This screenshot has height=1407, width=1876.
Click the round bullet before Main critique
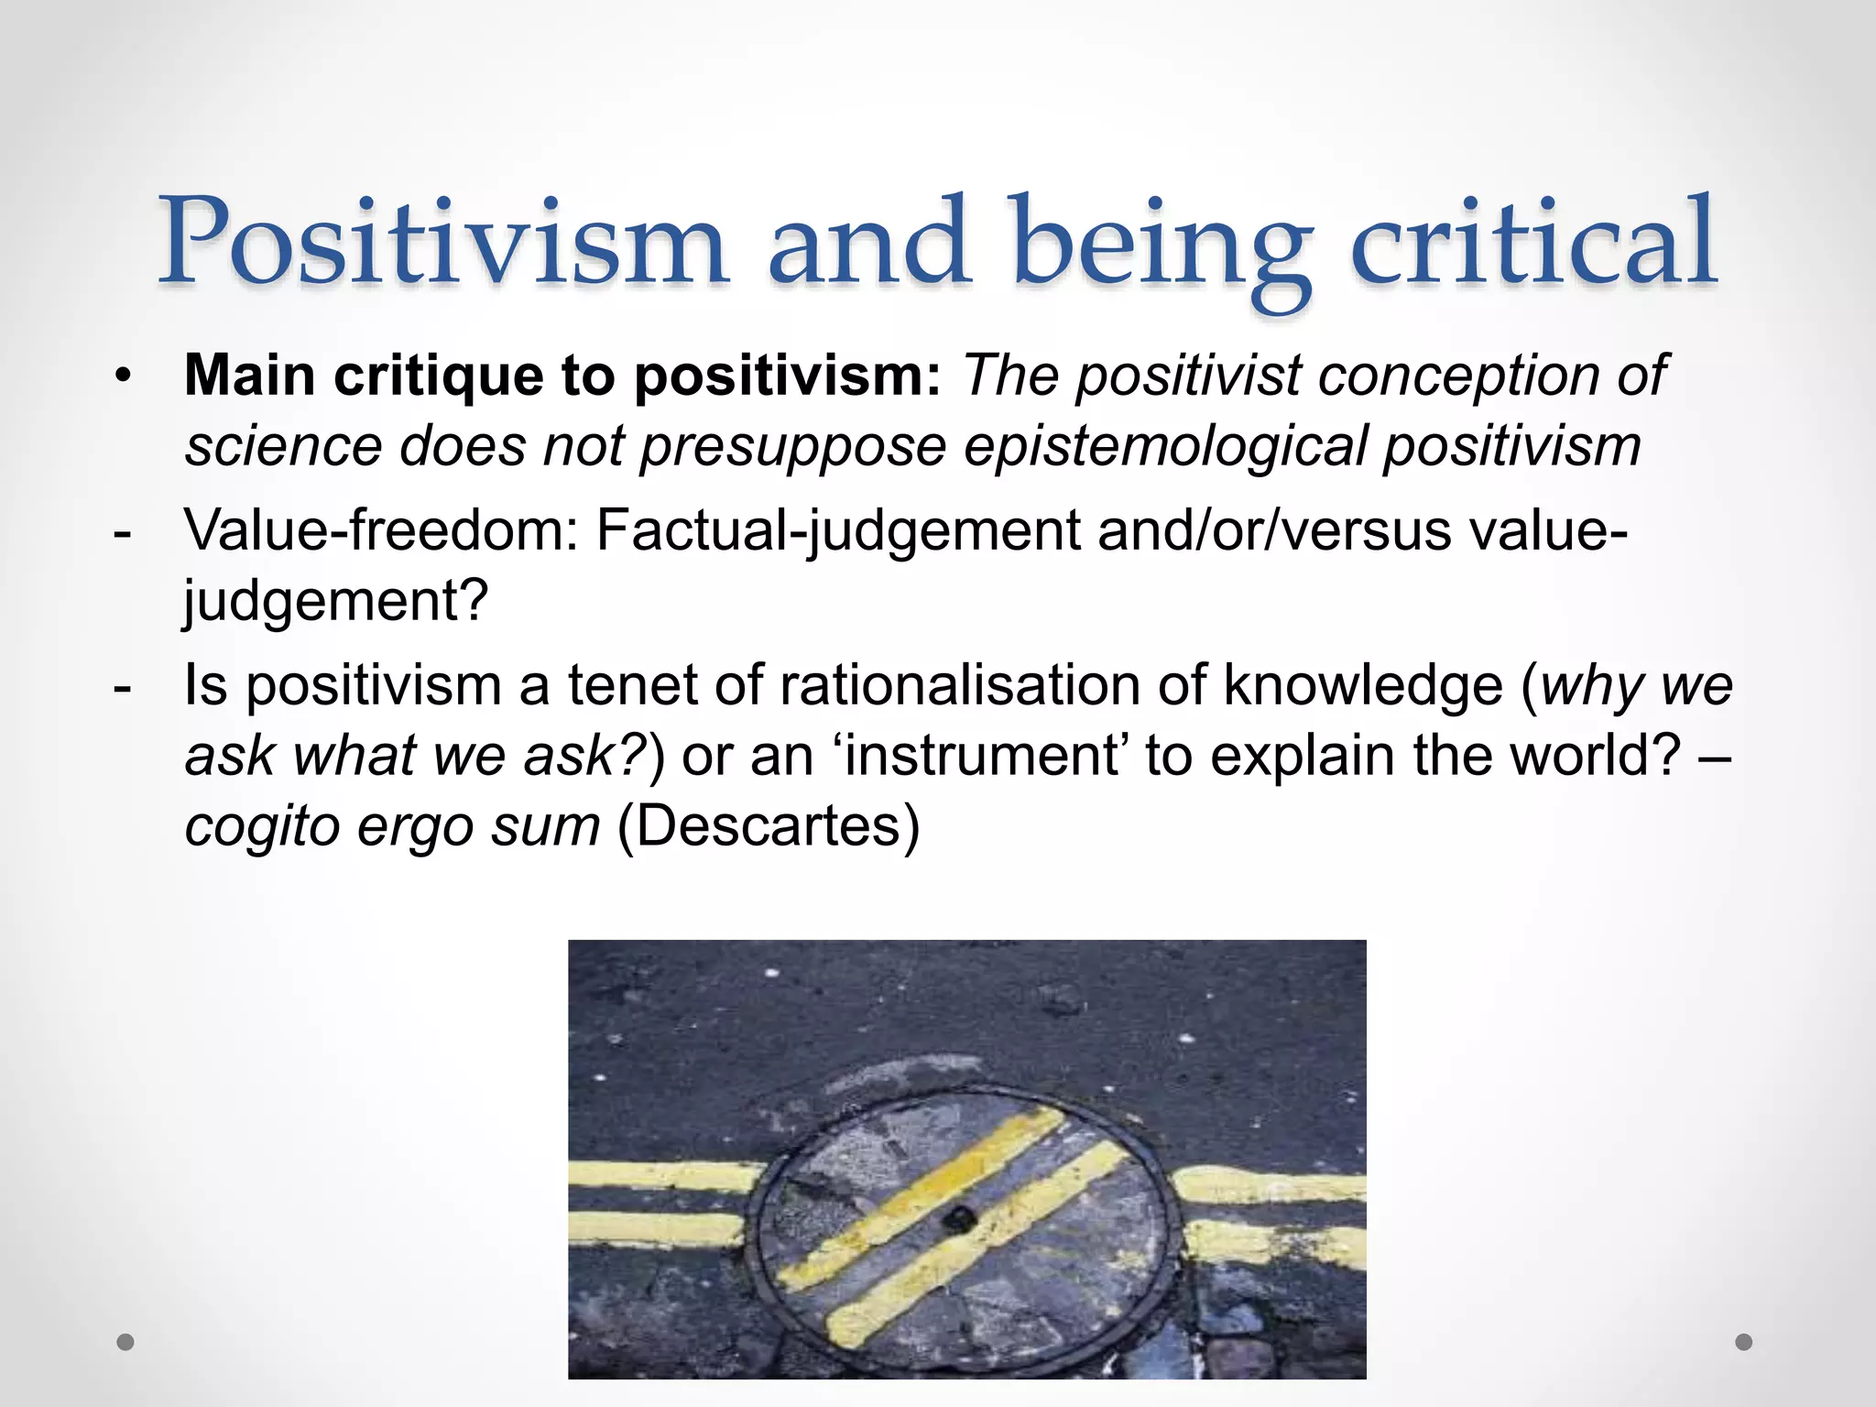(124, 376)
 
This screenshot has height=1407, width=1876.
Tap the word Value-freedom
(381, 530)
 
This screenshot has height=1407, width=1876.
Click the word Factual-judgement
(838, 532)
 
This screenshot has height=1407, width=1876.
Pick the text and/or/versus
(1274, 530)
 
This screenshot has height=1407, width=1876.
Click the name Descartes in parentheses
(768, 826)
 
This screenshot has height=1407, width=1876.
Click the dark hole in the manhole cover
(959, 1218)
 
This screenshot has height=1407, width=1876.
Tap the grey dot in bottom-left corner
(125, 1342)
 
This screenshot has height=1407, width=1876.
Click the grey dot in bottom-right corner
(1744, 1342)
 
